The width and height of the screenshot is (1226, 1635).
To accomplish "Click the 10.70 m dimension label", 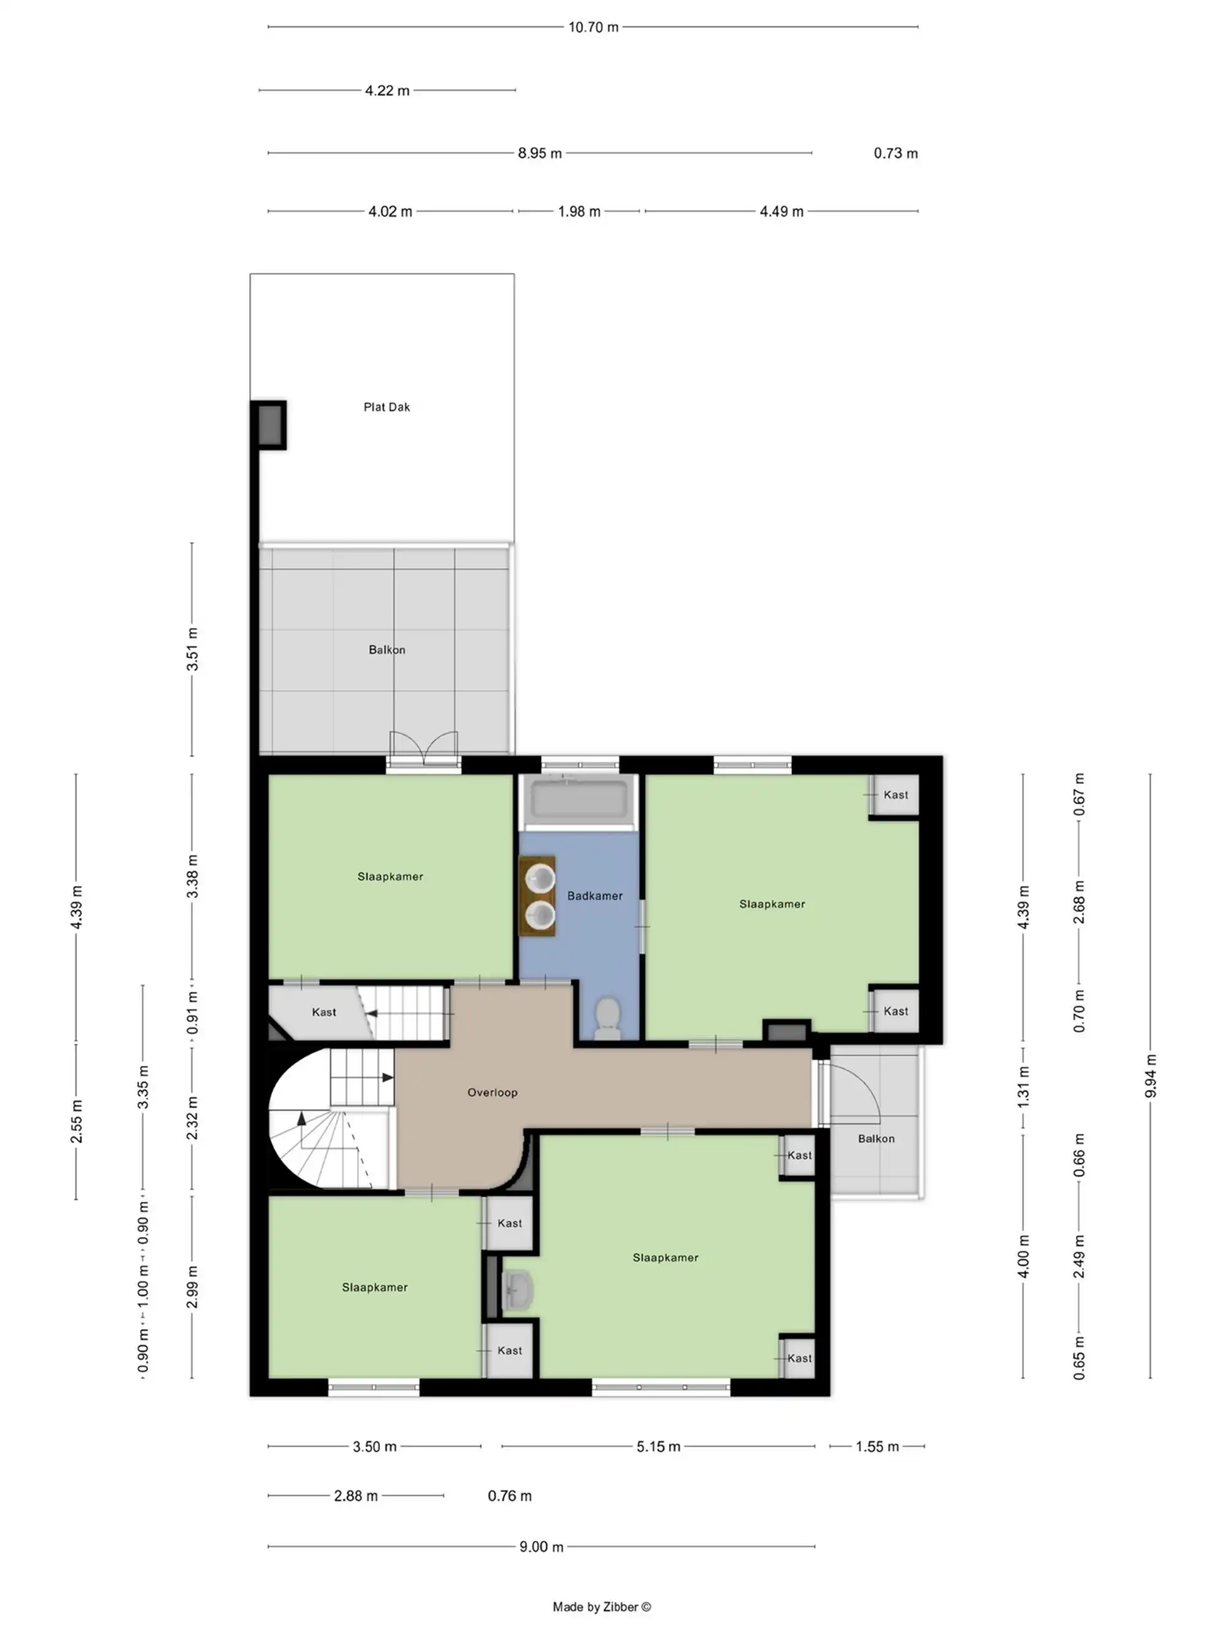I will point(593,28).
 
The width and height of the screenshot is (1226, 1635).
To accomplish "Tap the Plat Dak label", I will point(386,407).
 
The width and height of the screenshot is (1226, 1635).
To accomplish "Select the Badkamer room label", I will point(594,895).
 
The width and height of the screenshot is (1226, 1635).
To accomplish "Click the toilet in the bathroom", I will point(607,1016).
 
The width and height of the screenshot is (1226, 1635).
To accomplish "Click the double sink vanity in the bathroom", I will point(537,896).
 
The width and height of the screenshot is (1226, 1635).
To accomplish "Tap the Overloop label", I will point(492,1092).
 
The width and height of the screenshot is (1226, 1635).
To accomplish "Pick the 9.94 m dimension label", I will point(1150,1076).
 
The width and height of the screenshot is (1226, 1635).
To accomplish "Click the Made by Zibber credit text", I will point(601,1606).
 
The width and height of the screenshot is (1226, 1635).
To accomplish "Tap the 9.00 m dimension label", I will point(541,1546).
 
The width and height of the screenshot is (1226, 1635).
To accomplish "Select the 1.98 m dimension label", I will point(579,212).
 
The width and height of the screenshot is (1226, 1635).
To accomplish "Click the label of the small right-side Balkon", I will point(876,1138).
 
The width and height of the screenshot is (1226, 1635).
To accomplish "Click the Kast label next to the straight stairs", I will point(324,1012).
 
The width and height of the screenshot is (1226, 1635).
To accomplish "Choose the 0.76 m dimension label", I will point(509,1495).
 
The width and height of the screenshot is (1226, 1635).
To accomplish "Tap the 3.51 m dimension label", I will point(192,648).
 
